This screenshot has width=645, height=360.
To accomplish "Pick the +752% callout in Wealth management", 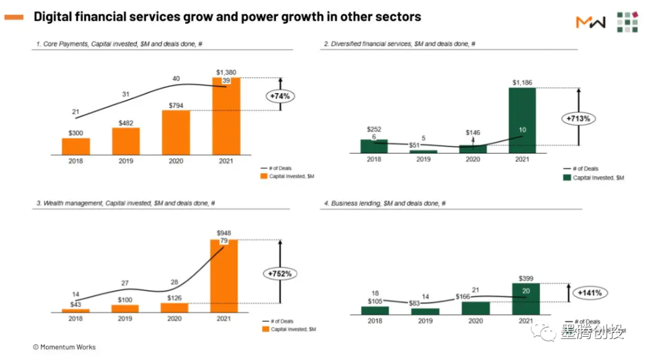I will pos(279,273).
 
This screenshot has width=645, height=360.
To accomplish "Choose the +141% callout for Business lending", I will pos(589,293).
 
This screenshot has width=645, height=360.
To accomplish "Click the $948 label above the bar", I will pos(225,233).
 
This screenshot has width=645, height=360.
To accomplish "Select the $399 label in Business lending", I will pos(526,278).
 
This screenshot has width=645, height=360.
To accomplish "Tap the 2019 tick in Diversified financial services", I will pos(424,159).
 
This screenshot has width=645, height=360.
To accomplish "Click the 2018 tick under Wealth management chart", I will pos(75,319).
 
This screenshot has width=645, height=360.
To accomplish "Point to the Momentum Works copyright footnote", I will pos(64,347).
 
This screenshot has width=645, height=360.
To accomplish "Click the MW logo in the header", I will pos(590,22).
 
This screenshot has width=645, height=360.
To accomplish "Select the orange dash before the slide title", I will pos(14,17).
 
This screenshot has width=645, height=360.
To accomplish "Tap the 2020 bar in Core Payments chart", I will pos(176,132).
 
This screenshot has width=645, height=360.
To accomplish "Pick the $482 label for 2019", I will pos(125,123).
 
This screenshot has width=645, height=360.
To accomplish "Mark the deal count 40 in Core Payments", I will pos(176,79).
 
